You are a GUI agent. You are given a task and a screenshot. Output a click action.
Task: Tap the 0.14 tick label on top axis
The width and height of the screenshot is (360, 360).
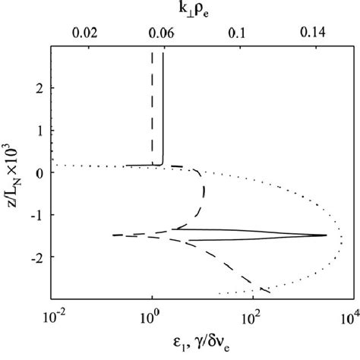tap(313, 35)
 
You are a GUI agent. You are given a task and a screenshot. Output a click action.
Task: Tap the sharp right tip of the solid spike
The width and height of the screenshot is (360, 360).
tap(327, 235)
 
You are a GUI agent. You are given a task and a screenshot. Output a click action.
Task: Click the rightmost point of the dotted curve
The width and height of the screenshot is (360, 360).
tap(343, 240)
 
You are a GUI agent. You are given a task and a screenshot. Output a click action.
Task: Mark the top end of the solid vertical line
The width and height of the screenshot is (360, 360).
tap(163, 53)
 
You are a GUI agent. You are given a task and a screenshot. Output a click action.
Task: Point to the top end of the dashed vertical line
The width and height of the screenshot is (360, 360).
tap(153, 53)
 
